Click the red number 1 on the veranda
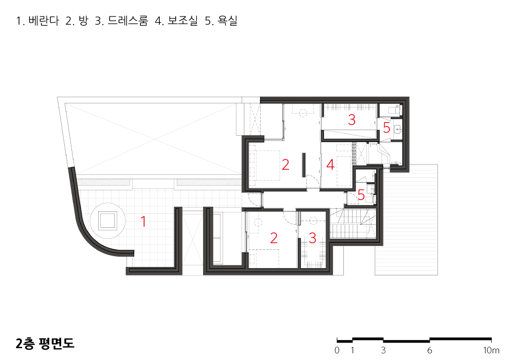143,221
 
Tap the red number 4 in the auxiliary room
330,165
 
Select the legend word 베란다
44,21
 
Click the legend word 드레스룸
128,21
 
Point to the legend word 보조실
183,21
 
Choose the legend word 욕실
228,21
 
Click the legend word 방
84,21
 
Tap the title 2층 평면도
45,343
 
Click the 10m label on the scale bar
491,350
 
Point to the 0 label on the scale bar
337,350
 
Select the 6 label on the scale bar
429,350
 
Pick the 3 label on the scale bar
383,350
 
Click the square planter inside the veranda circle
107,220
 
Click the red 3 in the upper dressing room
352,120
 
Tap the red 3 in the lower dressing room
313,238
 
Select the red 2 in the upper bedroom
285,165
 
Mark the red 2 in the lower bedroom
274,238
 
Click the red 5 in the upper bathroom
387,128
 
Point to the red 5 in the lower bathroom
361,195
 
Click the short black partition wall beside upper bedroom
304,165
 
